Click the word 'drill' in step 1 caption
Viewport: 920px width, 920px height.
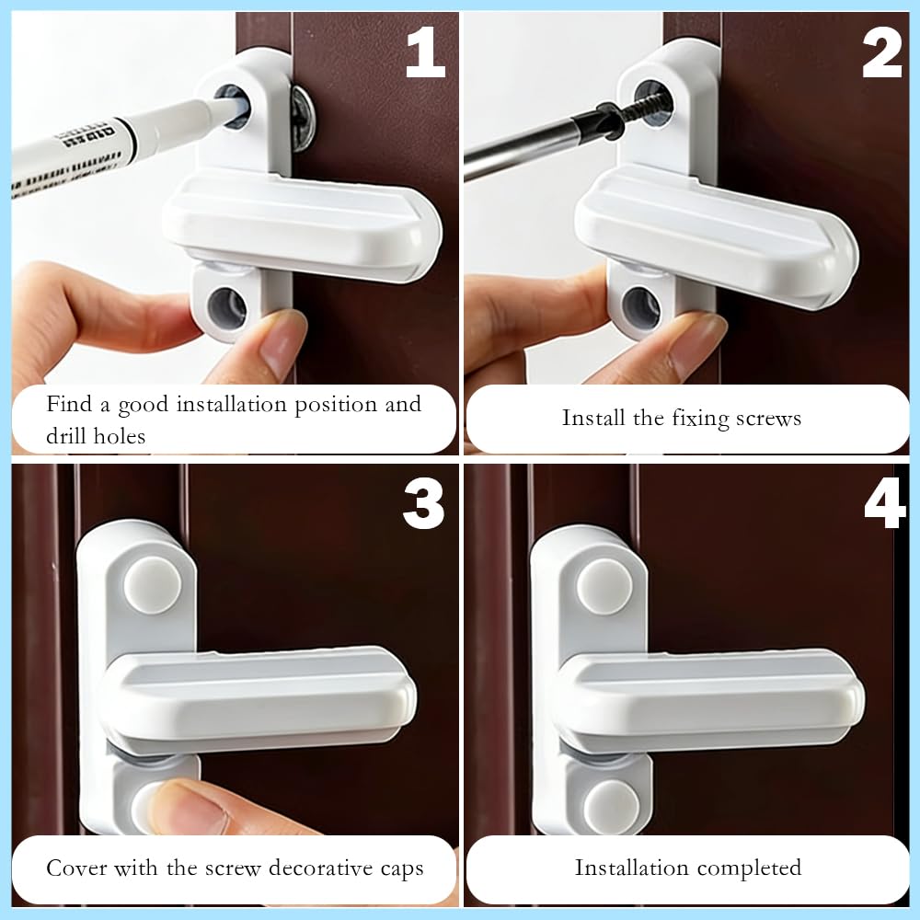[70, 435]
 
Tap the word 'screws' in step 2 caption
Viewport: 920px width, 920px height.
[768, 419]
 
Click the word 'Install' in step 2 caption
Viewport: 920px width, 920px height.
[593, 418]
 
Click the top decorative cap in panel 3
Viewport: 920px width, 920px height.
[153, 585]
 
